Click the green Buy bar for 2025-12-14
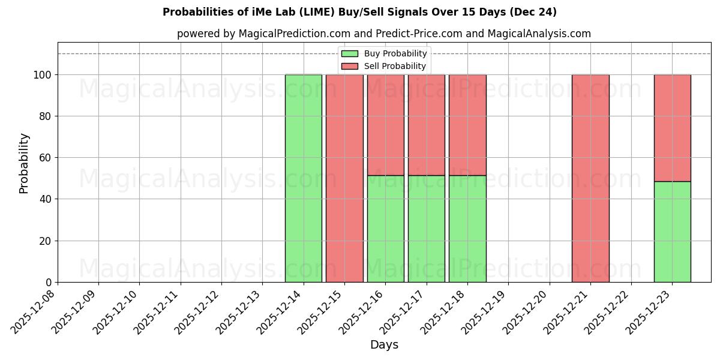click(x=303, y=178)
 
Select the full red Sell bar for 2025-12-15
click(x=344, y=178)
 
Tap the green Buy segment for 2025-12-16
click(x=385, y=229)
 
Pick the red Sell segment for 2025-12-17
click(x=426, y=125)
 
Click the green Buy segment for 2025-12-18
click(x=467, y=229)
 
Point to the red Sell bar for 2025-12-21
click(x=590, y=178)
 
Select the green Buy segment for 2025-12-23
click(x=672, y=232)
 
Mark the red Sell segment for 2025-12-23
click(x=672, y=128)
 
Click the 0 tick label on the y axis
click(x=49, y=282)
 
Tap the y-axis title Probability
click(x=24, y=163)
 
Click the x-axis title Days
click(x=384, y=345)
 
